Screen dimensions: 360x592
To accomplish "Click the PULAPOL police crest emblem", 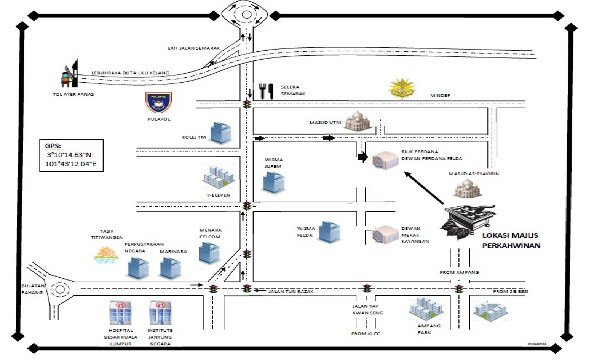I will pos(158,103).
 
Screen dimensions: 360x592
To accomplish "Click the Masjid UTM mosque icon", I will pos(357,121).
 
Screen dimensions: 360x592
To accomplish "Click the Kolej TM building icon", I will pos(221,133).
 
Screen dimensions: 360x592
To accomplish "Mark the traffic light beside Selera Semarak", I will pos(246,105).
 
